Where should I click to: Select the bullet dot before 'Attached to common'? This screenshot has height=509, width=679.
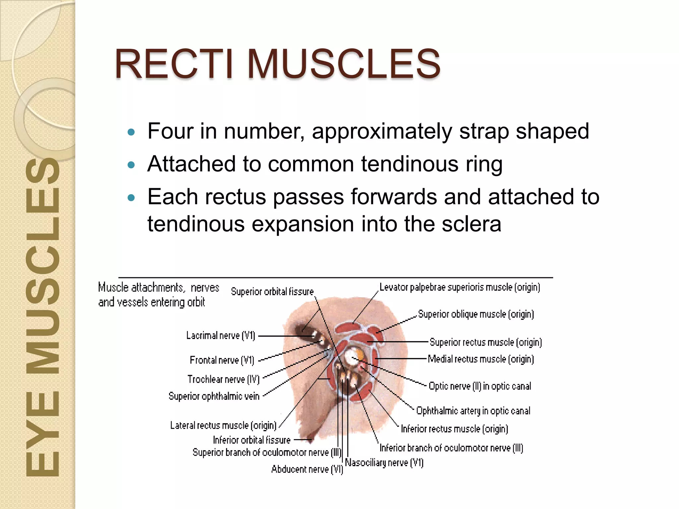pyautogui.click(x=132, y=165)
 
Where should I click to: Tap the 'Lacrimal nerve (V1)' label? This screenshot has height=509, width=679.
pyautogui.click(x=220, y=336)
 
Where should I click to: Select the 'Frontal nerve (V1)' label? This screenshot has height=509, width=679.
pyautogui.click(x=222, y=360)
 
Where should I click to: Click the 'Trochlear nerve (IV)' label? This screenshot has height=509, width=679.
pyautogui.click(x=223, y=379)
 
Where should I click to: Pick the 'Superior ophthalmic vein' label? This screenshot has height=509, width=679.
pyautogui.click(x=214, y=396)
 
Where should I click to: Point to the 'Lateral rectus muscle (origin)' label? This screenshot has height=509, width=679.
pyautogui.click(x=223, y=425)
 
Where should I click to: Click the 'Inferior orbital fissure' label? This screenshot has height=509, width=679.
pyautogui.click(x=252, y=440)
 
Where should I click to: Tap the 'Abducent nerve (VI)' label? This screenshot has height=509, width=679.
pyautogui.click(x=307, y=469)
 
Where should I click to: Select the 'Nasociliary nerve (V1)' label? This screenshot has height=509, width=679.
pyautogui.click(x=384, y=463)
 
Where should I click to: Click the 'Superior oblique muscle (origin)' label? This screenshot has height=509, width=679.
pyautogui.click(x=476, y=314)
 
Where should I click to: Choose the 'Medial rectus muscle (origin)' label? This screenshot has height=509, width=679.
pyautogui.click(x=481, y=359)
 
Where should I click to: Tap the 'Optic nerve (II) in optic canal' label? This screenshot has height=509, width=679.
pyautogui.click(x=480, y=386)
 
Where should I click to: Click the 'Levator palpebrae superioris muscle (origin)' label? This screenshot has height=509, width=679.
pyautogui.click(x=460, y=287)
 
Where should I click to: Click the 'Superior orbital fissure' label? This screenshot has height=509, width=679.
pyautogui.click(x=272, y=292)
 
